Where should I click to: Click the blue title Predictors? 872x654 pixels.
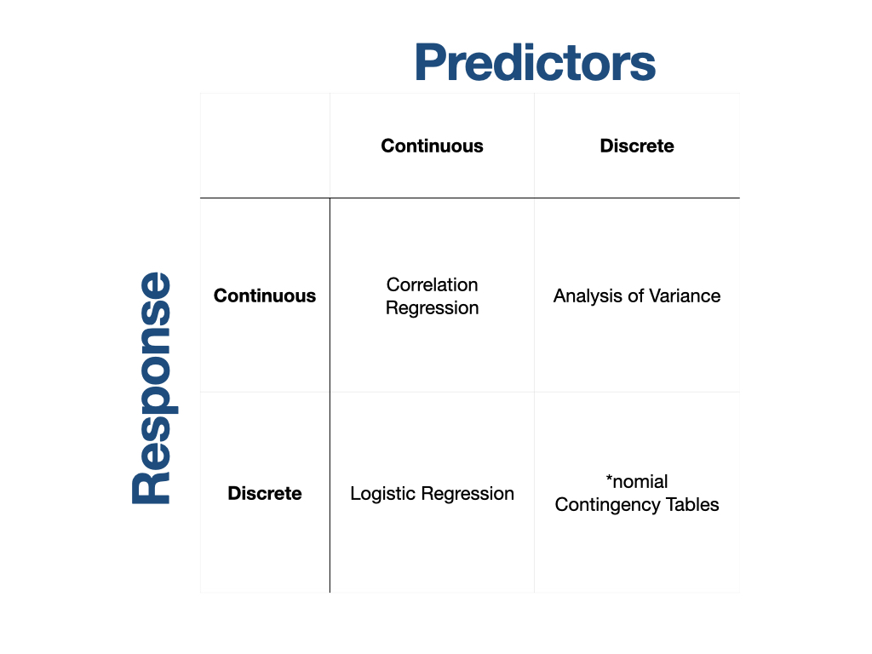(x=535, y=62)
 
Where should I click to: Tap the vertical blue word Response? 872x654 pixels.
(x=152, y=388)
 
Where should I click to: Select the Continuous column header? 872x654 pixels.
(x=432, y=146)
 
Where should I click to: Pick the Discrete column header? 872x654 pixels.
(x=637, y=146)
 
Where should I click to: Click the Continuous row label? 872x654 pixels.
(x=265, y=295)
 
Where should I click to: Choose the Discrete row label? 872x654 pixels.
(x=265, y=493)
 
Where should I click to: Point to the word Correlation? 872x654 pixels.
(x=432, y=284)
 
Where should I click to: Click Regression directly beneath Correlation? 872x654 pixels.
(x=432, y=307)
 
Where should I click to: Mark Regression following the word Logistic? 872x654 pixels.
(x=468, y=494)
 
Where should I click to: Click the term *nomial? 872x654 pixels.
(x=637, y=481)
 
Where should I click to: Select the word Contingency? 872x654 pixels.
(x=608, y=505)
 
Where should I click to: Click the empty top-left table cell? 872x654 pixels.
(x=265, y=146)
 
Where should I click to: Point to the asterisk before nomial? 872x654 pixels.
(x=609, y=478)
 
